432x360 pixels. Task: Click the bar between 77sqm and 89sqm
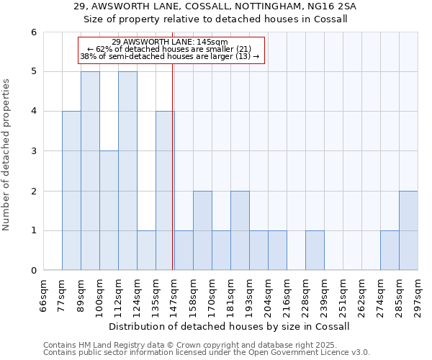(x=71, y=191)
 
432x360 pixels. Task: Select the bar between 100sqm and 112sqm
(x=109, y=210)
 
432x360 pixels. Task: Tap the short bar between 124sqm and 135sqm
(x=146, y=250)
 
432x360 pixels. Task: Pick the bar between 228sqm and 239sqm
(x=315, y=250)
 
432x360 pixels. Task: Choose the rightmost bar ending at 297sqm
(x=408, y=230)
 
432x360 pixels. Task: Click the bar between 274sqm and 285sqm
(x=390, y=250)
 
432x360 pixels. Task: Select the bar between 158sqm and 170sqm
(x=202, y=230)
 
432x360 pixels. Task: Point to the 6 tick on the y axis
(x=33, y=32)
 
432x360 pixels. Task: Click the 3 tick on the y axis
(x=33, y=151)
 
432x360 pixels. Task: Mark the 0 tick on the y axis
(x=33, y=271)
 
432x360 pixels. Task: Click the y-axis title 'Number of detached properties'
(x=6, y=156)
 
